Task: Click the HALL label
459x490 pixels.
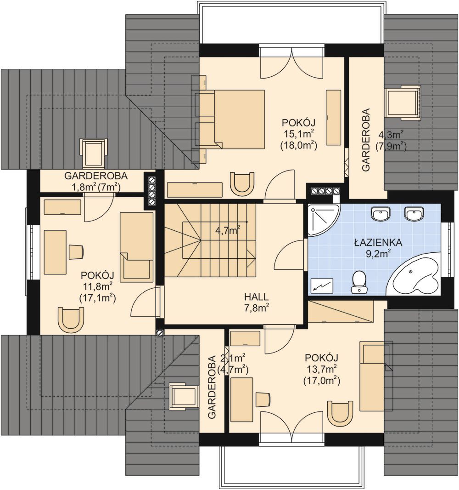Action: [257, 296]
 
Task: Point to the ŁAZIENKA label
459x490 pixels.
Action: [378, 242]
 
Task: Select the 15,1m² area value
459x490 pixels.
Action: [299, 134]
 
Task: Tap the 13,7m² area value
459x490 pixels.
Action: [321, 370]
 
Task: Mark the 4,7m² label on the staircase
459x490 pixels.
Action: [228, 231]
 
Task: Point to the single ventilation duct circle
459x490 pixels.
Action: [160, 333]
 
